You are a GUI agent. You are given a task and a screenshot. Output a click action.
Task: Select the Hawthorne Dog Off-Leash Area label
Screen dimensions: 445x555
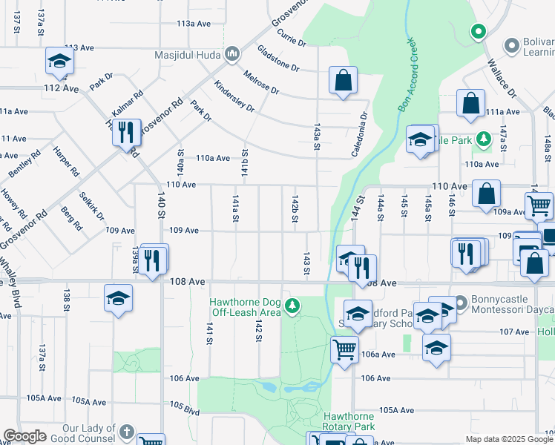pyautogui.click(x=245, y=307)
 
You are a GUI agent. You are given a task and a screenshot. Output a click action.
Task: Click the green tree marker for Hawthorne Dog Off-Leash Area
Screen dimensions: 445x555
pyautogui.click(x=294, y=305)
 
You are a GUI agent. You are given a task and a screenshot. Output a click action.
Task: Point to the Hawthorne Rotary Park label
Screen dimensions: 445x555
pyautogui.click(x=349, y=421)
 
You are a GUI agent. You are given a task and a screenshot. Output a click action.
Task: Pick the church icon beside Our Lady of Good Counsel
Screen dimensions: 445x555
pyautogui.click(x=127, y=432)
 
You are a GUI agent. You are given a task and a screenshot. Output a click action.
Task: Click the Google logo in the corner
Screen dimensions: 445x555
pyautogui.click(x=24, y=436)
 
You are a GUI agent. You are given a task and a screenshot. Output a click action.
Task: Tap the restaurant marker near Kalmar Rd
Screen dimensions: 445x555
pyautogui.click(x=127, y=133)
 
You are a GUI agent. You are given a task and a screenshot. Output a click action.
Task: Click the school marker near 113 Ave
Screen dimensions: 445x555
pyautogui.click(x=60, y=62)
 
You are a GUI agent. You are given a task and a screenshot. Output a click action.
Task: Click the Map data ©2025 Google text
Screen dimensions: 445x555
pyautogui.click(x=509, y=439)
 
